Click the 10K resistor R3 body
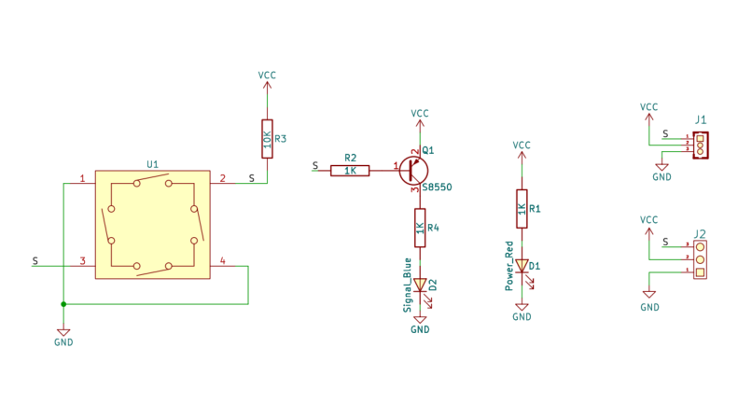pyautogui.click(x=267, y=139)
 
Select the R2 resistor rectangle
pyautogui.click(x=350, y=171)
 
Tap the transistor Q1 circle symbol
pyautogui.click(x=413, y=171)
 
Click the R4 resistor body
pyautogui.click(x=420, y=228)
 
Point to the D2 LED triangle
pyautogui.click(x=420, y=285)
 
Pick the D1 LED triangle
pyautogui.click(x=522, y=266)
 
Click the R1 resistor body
pyautogui.click(x=522, y=209)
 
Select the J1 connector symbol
pyautogui.click(x=700, y=145)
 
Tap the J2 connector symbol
pyautogui.click(x=700, y=259)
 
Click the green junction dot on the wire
pyautogui.click(x=63, y=304)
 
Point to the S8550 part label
pyautogui.click(x=437, y=188)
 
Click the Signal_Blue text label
pyautogui.click(x=408, y=285)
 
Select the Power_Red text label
pyautogui.click(x=509, y=266)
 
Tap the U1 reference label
pyautogui.click(x=152, y=164)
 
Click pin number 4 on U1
pyautogui.click(x=223, y=260)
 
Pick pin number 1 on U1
pyautogui.click(x=82, y=178)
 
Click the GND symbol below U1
pyautogui.click(x=63, y=333)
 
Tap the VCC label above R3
pyautogui.click(x=267, y=76)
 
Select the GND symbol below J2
pyautogui.click(x=649, y=295)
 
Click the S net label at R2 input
pyautogui.click(x=315, y=165)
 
